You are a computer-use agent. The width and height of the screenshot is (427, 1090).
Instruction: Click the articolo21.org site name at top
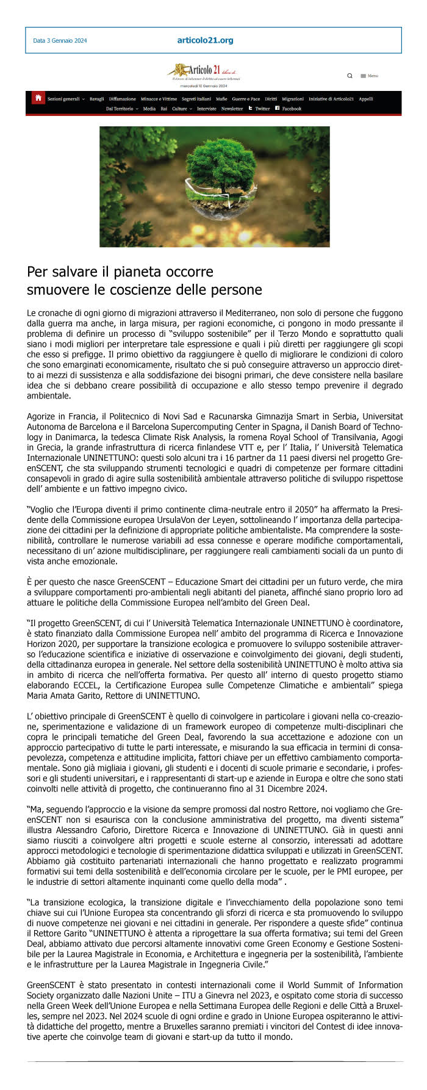pos(205,40)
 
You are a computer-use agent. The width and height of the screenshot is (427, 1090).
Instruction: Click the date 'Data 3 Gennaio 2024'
pos(60,41)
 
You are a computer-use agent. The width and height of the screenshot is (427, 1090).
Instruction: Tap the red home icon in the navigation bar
pos(38,98)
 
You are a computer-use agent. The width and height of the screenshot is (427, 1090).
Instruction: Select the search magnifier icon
pos(350,76)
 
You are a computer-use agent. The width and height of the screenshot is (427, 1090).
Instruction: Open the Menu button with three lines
pos(369,76)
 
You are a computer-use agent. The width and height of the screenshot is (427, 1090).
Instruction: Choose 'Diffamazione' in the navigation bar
pos(123,99)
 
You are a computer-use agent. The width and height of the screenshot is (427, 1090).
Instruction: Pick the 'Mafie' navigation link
pos(221,99)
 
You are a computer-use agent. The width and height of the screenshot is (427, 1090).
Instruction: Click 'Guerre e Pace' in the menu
pos(246,99)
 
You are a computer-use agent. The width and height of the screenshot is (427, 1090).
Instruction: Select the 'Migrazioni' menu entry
pos(293,99)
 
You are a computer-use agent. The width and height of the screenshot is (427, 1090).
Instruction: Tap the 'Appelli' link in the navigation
pos(366,99)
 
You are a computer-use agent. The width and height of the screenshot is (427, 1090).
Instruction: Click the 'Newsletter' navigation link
pos(232,109)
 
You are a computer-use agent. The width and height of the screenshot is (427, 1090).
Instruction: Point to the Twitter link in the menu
pos(259,109)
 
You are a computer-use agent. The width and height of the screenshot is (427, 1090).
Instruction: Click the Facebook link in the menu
pos(289,109)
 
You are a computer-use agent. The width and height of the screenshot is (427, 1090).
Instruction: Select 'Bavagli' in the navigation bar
pos(96,99)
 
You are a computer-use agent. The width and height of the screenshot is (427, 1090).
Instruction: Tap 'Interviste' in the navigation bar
pos(207,109)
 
